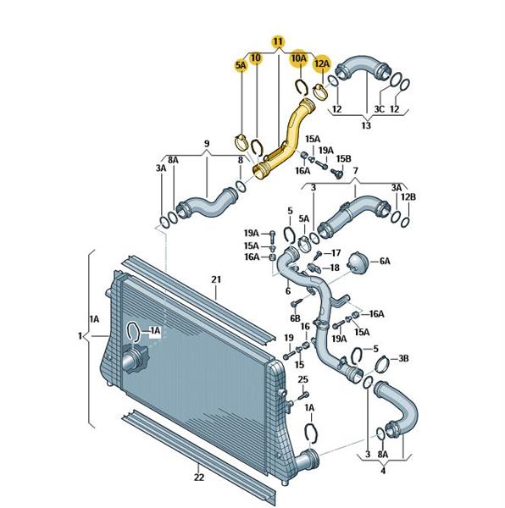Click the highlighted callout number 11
(279, 41)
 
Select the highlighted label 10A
(298, 58)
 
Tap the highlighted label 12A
(321, 63)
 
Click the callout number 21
(216, 279)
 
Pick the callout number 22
(199, 477)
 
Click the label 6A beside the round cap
(385, 261)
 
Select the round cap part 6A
(358, 262)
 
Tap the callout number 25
(302, 379)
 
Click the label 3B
(403, 358)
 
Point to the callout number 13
(366, 125)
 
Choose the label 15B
(343, 159)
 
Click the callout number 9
(207, 143)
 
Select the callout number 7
(355, 170)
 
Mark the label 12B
(408, 196)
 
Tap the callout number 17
(336, 252)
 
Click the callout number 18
(334, 268)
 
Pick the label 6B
(295, 318)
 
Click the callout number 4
(383, 470)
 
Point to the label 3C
(379, 109)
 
